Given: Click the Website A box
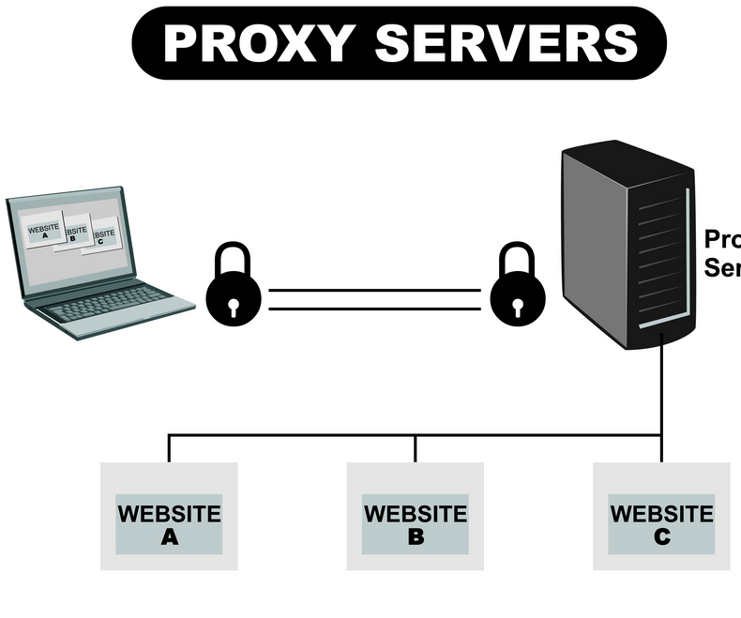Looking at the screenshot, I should click(x=169, y=517).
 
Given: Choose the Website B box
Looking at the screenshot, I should click(x=416, y=517).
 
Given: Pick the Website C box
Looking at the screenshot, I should click(x=661, y=517).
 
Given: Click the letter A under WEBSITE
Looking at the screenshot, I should click(x=170, y=537).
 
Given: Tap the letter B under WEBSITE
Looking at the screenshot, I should click(x=416, y=537).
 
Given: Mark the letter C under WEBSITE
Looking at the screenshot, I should click(x=661, y=537).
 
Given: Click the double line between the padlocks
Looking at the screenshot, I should click(x=375, y=299).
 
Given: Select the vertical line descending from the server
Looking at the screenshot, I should click(x=661, y=394).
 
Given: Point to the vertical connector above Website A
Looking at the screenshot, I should click(x=169, y=449).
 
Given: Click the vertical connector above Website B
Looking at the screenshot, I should click(x=416, y=449).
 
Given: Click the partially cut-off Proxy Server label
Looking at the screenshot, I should click(x=721, y=253).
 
